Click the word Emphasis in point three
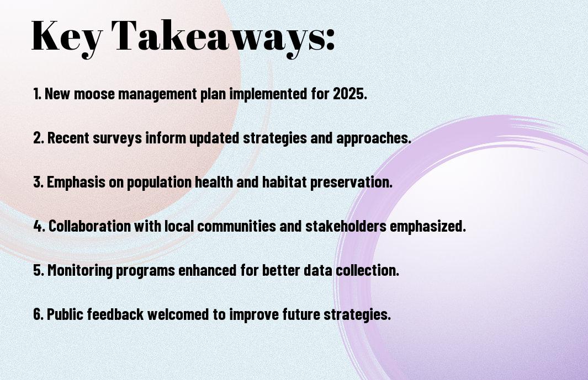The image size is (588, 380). click(76, 182)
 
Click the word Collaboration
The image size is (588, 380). click(89, 226)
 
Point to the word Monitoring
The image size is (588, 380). click(80, 270)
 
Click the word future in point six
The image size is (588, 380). click(301, 314)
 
